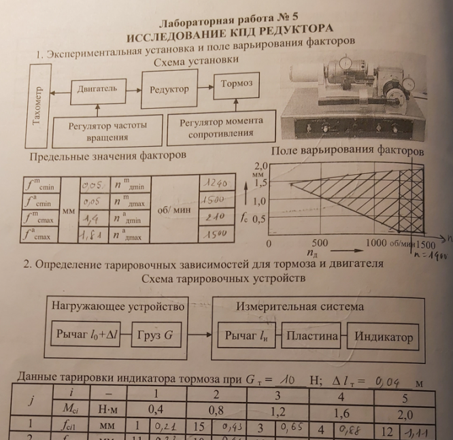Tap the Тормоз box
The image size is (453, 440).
coord(236,84)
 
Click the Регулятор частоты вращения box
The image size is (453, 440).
coord(107,131)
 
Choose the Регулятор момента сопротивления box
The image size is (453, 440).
coord(220,127)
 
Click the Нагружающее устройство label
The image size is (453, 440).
coord(118,307)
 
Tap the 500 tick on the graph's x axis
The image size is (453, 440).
coord(319,243)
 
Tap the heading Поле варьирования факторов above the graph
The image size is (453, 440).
coord(347,150)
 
